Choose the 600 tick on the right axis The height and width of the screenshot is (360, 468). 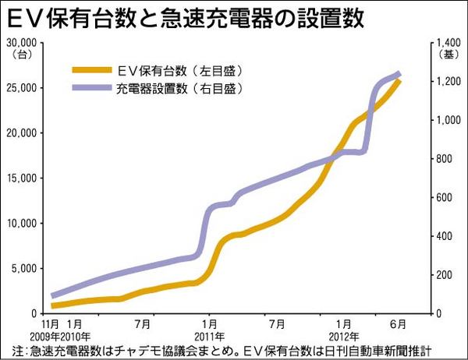(442, 197)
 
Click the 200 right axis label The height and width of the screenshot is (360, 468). (442, 275)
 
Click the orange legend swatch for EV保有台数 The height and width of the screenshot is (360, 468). (90, 69)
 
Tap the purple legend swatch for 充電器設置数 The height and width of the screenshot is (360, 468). (90, 88)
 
